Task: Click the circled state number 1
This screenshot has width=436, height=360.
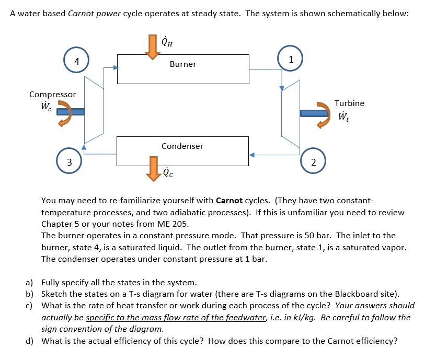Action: [291, 59]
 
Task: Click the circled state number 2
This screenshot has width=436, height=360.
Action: [313, 162]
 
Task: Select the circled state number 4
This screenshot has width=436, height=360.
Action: [76, 61]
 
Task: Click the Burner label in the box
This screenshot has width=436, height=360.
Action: [183, 64]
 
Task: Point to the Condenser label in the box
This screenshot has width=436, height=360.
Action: [182, 146]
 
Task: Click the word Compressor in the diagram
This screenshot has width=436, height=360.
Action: [52, 95]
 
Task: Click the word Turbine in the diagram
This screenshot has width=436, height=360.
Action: [349, 103]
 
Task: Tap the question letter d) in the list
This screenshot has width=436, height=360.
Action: [30, 342]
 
